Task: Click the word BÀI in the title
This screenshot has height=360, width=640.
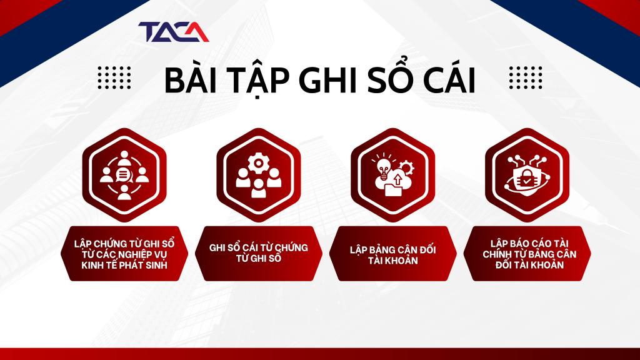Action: click(186, 81)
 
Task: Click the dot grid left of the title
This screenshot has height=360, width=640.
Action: click(114, 78)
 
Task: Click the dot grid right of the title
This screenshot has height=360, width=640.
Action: click(525, 78)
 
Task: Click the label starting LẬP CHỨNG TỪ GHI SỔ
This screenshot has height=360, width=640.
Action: click(124, 254)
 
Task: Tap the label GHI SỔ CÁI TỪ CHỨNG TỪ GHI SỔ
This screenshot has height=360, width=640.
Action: click(258, 254)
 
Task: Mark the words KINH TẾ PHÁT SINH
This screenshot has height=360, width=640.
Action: click(124, 265)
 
